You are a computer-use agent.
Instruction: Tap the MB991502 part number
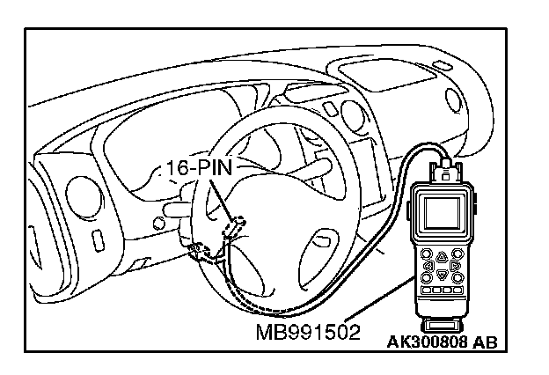click(298, 333)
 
